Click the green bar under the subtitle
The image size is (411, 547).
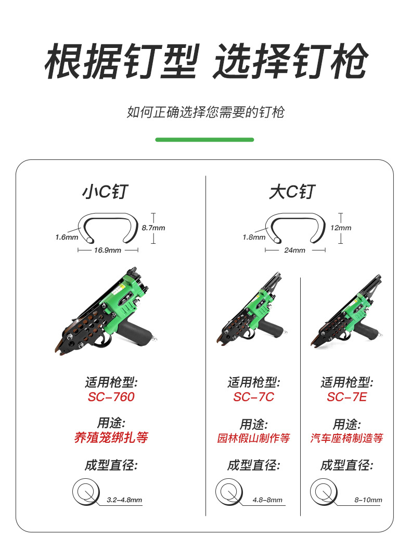204,140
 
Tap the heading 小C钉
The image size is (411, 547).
105,192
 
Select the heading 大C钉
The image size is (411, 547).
292,192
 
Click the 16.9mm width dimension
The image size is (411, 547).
108,251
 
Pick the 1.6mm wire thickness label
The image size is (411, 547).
67,238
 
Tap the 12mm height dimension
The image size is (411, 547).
341,228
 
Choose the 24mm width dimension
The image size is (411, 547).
294,251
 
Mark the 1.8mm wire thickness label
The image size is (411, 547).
254,238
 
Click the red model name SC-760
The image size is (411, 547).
111,397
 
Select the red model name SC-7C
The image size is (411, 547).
253,397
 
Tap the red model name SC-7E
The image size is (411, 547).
347,397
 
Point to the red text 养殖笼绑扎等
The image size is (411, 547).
111,438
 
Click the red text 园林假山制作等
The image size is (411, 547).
253,438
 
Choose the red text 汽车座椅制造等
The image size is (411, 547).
347,438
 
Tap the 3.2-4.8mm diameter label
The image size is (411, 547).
124,500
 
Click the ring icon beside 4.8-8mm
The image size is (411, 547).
229,492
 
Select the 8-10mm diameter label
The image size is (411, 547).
368,500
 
